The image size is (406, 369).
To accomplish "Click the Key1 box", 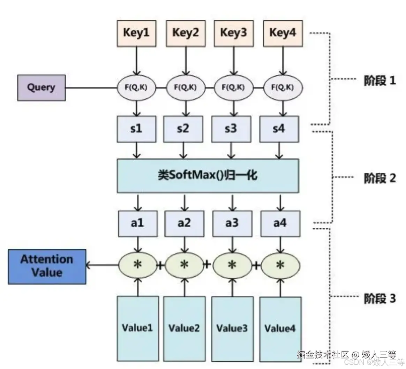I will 136,33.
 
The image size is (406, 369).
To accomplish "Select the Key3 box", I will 233,33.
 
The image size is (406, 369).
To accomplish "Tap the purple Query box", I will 42,88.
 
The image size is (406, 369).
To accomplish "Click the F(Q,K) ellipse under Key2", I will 185,88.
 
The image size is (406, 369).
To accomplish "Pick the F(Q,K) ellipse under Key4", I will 283,88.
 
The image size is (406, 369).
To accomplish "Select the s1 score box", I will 136,129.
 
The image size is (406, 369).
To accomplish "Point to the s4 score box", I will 279,129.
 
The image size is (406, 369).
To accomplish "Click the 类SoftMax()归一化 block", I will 208,175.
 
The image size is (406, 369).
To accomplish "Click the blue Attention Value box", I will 47,266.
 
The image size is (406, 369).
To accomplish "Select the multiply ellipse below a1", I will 138,265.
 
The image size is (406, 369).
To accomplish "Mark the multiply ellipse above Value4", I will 280,265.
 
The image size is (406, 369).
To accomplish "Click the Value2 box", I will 184,328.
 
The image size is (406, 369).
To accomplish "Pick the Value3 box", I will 232,328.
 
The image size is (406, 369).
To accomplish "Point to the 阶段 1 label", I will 380,81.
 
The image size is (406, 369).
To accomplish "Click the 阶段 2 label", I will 380,178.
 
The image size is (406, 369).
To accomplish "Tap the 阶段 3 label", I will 380,299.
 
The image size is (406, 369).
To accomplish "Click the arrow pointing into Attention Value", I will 101,265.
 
